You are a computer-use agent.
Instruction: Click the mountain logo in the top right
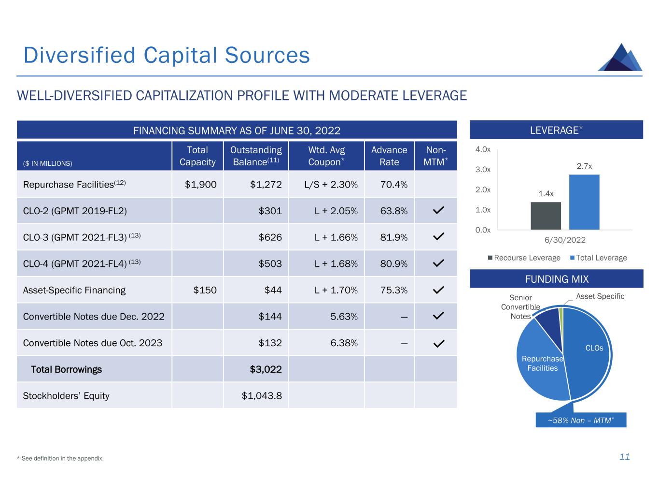click(620, 58)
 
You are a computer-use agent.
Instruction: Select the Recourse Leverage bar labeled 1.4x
click(546, 216)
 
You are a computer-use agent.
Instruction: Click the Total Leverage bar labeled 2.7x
click(584, 202)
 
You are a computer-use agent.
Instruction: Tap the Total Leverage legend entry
click(599, 258)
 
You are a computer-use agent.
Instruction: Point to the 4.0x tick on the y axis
click(483, 150)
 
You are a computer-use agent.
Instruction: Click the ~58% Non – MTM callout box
click(581, 420)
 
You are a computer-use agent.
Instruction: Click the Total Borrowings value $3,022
click(266, 369)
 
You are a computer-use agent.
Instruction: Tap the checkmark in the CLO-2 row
click(438, 211)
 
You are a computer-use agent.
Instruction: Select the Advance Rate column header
click(389, 156)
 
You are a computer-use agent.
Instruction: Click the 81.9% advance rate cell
click(393, 237)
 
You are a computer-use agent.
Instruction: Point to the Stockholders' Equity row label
click(66, 396)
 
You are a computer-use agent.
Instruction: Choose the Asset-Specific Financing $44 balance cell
click(273, 290)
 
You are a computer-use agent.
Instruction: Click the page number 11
click(625, 457)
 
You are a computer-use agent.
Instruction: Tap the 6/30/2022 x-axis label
click(565, 240)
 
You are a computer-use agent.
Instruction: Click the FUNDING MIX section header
click(556, 279)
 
